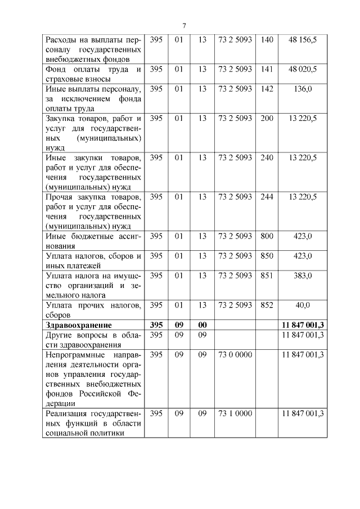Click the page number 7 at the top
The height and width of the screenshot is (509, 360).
point(184,25)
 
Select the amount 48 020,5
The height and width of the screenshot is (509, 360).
point(303,69)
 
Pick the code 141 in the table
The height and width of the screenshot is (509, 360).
point(267,69)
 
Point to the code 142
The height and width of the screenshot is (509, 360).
point(267,89)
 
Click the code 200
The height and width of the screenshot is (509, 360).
point(267,118)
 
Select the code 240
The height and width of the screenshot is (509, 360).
point(267,157)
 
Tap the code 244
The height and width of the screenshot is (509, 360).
point(267,197)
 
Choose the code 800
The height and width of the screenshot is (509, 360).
point(267,236)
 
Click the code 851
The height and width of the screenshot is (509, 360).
point(267,276)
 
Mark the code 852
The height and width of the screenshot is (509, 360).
point(267,305)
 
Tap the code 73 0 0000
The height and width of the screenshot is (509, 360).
point(235,354)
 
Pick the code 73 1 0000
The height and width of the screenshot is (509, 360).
point(235,413)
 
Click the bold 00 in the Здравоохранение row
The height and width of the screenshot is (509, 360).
point(202,325)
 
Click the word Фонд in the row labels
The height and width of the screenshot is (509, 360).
point(57,69)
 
